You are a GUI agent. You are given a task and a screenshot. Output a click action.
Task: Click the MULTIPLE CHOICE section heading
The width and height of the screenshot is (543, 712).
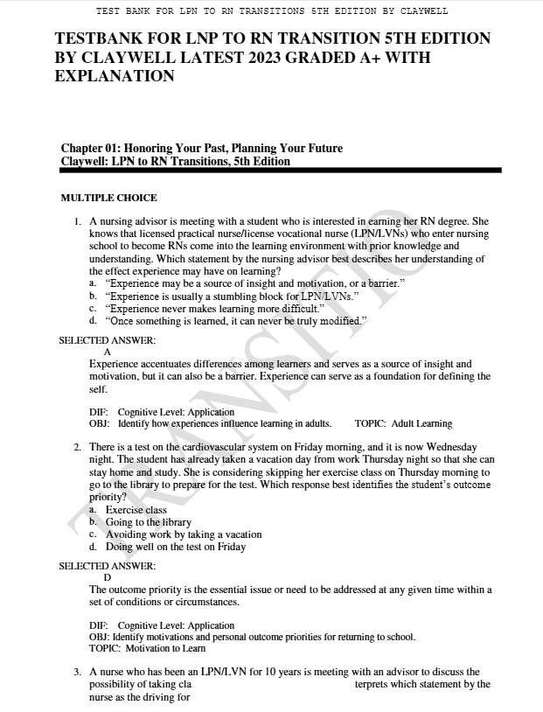(x=108, y=198)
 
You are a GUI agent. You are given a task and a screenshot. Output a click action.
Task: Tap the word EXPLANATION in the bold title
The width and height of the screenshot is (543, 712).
(x=114, y=76)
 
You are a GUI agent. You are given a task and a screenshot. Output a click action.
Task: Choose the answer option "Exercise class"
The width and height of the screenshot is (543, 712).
(x=136, y=510)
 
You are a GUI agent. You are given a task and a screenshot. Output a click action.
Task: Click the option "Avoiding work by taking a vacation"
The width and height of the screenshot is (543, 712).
(x=184, y=534)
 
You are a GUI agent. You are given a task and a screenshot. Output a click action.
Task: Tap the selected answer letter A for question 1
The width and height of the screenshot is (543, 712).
(x=108, y=352)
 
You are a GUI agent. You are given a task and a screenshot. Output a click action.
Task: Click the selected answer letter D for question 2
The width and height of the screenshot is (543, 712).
(x=108, y=577)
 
